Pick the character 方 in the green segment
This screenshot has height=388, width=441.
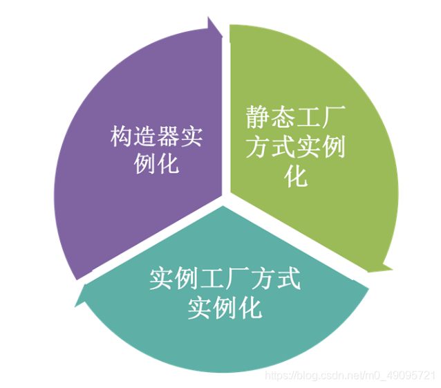(x=257, y=147)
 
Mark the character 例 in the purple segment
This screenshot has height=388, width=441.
(x=144, y=165)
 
